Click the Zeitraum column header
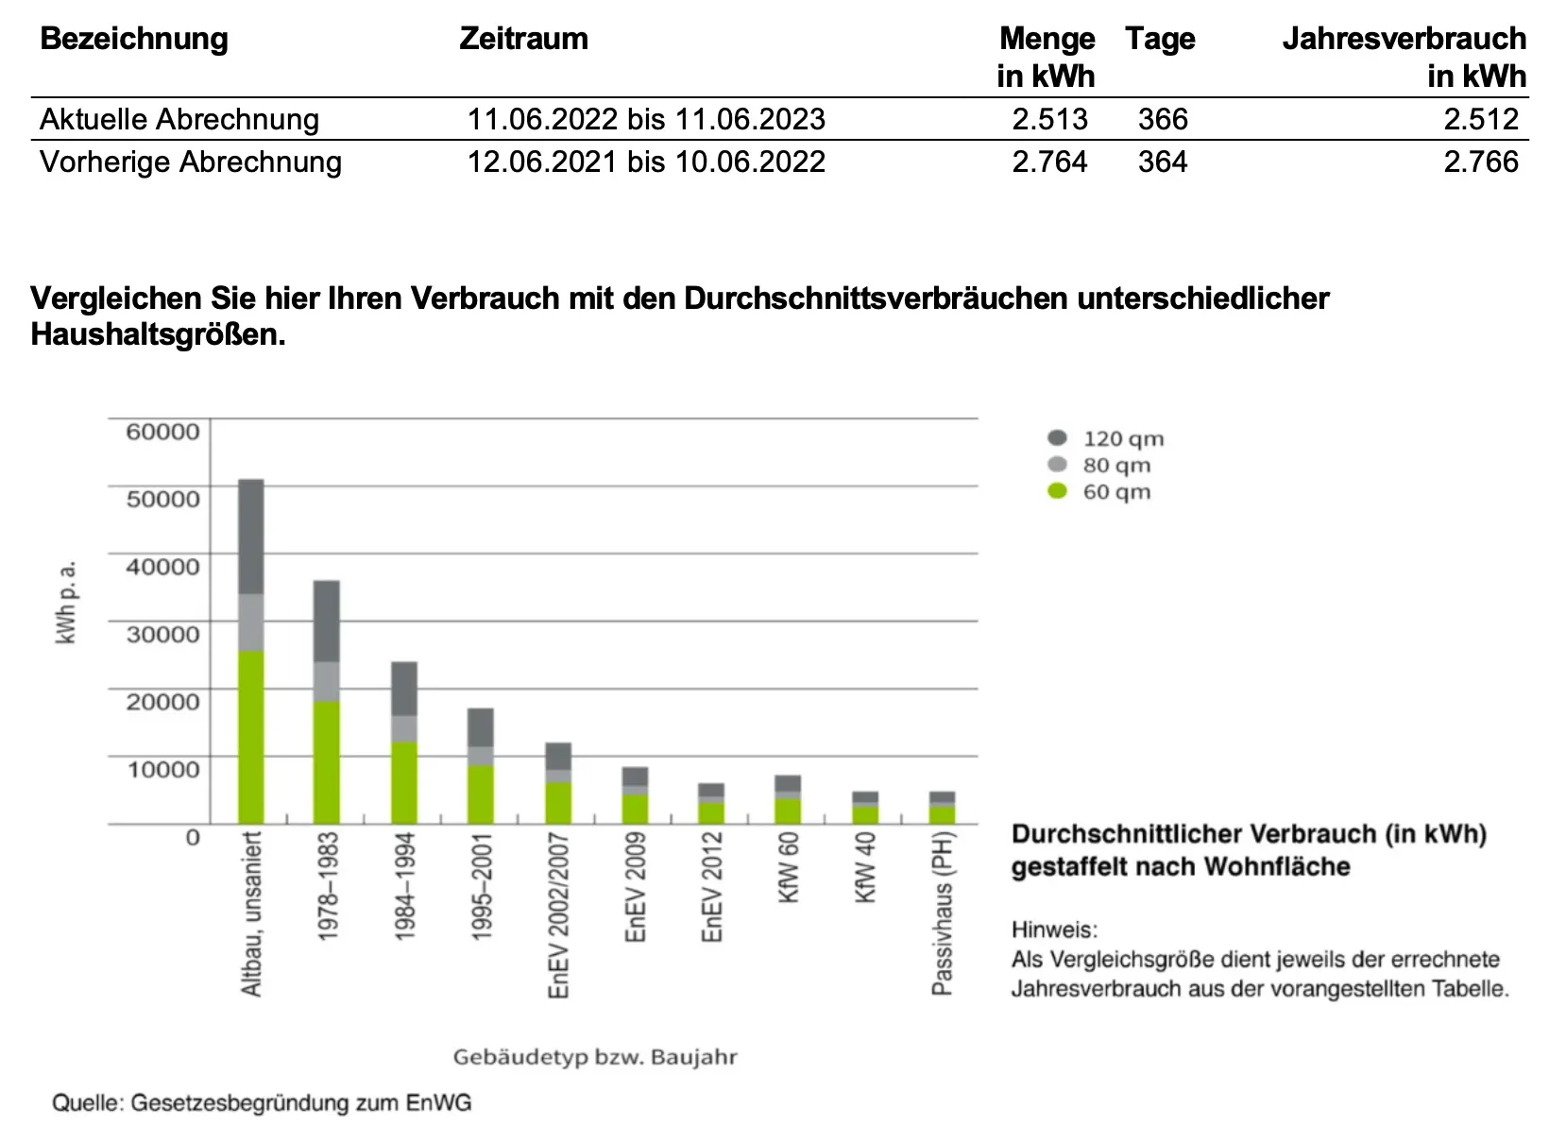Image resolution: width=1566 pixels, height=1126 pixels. coord(523,39)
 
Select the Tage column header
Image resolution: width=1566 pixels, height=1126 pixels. coord(1160,39)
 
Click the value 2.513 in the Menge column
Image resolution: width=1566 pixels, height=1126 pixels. coord(1049,119)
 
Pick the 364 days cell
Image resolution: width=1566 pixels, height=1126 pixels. coord(1163,162)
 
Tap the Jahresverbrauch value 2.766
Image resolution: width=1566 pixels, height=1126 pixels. coord(1480,162)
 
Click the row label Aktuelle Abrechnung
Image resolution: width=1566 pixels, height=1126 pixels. coord(179,119)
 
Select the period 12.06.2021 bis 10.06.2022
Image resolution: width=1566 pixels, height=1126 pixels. coord(646,162)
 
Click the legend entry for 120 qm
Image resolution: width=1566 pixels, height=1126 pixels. coord(1122,438)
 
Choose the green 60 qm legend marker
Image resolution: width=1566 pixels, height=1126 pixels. coord(1057,491)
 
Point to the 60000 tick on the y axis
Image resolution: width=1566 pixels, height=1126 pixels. coord(162,432)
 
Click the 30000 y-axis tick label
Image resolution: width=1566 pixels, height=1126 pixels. coord(162,634)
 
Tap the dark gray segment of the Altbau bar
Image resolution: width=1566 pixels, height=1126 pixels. coord(250,536)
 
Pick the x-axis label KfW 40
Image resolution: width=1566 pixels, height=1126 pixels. coord(865,867)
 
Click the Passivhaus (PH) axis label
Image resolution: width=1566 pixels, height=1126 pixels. coord(943,913)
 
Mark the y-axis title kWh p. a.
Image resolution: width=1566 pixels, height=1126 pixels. coord(66,602)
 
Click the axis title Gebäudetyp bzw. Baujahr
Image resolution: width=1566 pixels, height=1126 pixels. coord(594,1057)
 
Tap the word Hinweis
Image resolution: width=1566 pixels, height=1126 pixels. coord(1054,930)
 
